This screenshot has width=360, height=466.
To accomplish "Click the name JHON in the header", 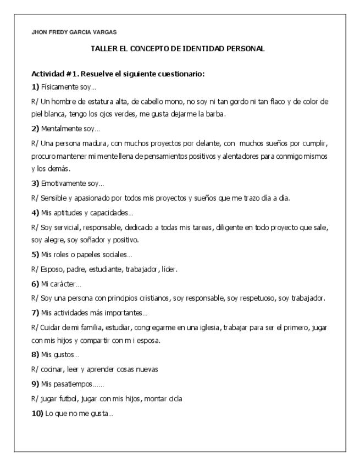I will click(40, 32).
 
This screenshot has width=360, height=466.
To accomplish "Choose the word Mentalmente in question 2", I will click(63, 130).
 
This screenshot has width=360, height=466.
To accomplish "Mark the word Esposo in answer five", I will click(52, 269).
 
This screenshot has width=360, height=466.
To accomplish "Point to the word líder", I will click(170, 269).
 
